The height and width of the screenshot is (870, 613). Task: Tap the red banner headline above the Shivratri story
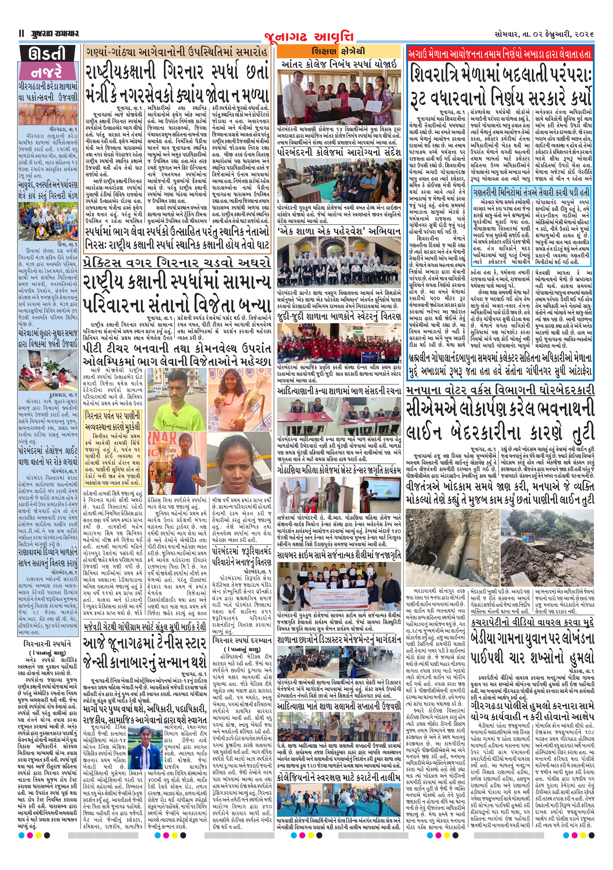tap(499, 54)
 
